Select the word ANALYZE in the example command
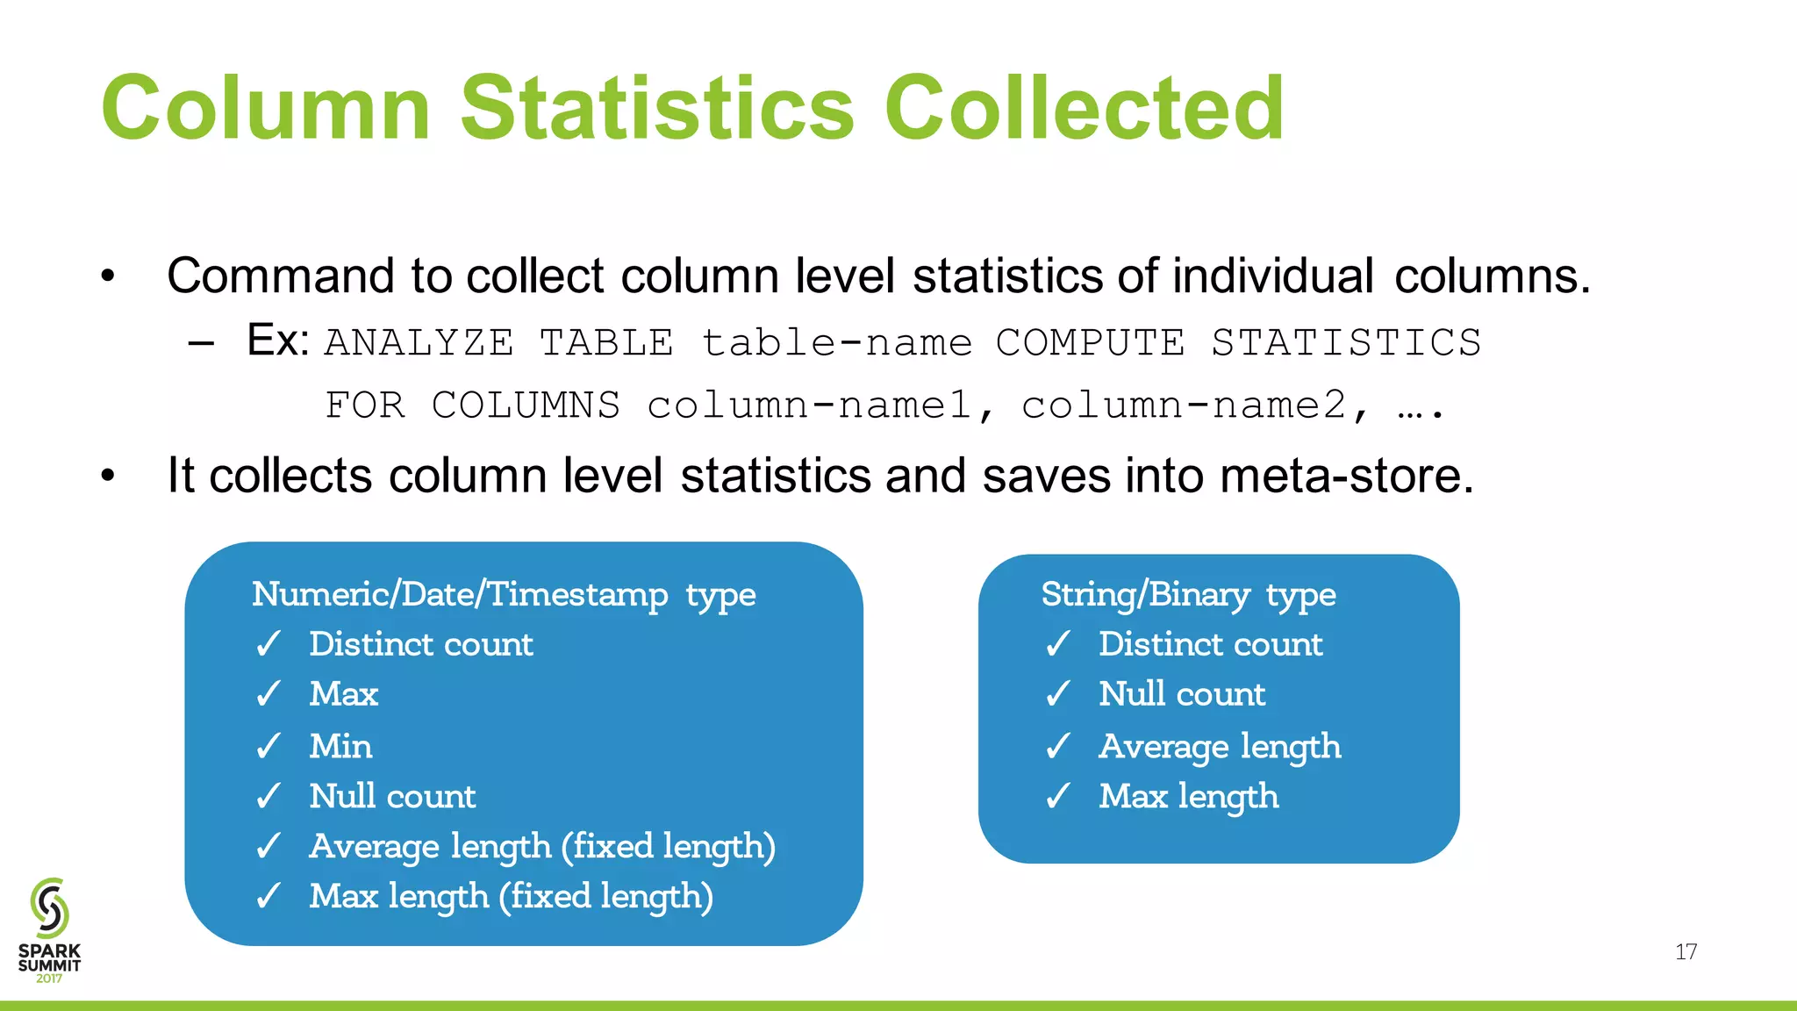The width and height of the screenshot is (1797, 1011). tap(419, 342)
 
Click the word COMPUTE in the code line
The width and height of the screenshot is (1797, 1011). tap(1090, 342)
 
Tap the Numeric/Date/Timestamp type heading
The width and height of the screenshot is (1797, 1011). tap(504, 594)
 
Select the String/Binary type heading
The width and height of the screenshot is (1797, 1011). tap(1188, 594)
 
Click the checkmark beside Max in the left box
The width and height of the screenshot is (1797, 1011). tap(268, 694)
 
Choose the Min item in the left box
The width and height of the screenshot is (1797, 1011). tap(340, 746)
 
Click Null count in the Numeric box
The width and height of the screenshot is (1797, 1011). tap(392, 796)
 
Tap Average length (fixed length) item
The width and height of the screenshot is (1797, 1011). tap(542, 846)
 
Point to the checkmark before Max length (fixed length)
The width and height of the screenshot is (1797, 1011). tap(268, 896)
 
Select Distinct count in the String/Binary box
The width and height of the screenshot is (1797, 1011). tap(1210, 644)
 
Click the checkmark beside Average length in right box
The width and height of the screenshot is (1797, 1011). tap(1058, 746)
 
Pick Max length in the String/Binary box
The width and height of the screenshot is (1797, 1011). tap(1188, 796)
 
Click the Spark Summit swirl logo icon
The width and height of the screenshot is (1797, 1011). tap(49, 907)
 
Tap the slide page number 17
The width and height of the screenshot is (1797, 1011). tap(1686, 952)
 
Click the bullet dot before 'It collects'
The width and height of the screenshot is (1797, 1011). tap(108, 477)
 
